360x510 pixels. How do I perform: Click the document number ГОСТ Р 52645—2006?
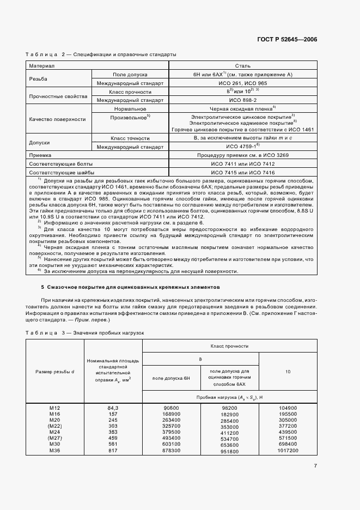287,40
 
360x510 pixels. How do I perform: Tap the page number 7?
315,465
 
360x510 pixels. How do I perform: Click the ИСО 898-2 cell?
242,100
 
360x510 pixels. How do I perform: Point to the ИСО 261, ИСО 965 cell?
242,83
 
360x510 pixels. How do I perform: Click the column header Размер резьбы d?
54,371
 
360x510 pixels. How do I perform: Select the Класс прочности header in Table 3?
229,346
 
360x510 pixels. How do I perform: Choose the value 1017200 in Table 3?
288,451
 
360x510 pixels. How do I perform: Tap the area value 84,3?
113,408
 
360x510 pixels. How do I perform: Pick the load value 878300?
171,451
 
